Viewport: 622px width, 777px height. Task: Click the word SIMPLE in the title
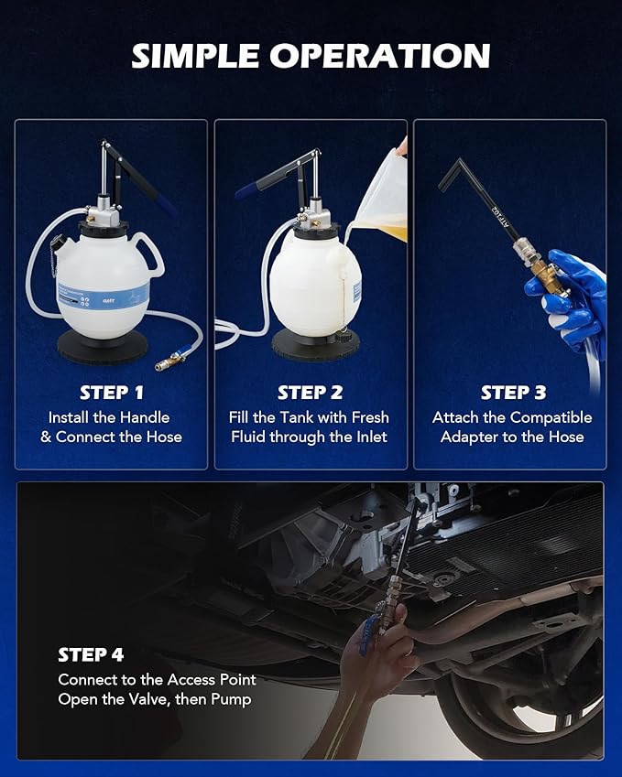196,56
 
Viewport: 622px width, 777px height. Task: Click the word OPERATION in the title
380,56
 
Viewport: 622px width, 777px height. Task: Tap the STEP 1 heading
112,393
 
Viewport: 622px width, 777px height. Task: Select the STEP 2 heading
311,393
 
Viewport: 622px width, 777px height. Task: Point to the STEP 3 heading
514,393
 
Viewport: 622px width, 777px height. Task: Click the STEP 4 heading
91,655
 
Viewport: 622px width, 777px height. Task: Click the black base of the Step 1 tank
103,346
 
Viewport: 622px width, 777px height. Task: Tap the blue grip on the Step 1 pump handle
165,204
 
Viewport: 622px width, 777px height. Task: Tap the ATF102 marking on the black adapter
500,215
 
